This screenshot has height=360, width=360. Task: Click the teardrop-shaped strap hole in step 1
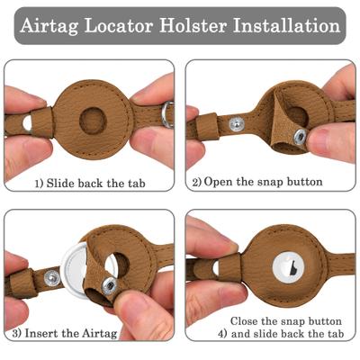(26, 121)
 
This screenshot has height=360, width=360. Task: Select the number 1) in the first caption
(39, 183)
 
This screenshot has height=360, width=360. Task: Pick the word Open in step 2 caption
(219, 182)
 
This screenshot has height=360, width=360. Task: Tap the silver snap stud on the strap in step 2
(237, 123)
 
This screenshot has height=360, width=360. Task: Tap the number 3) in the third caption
(17, 336)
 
